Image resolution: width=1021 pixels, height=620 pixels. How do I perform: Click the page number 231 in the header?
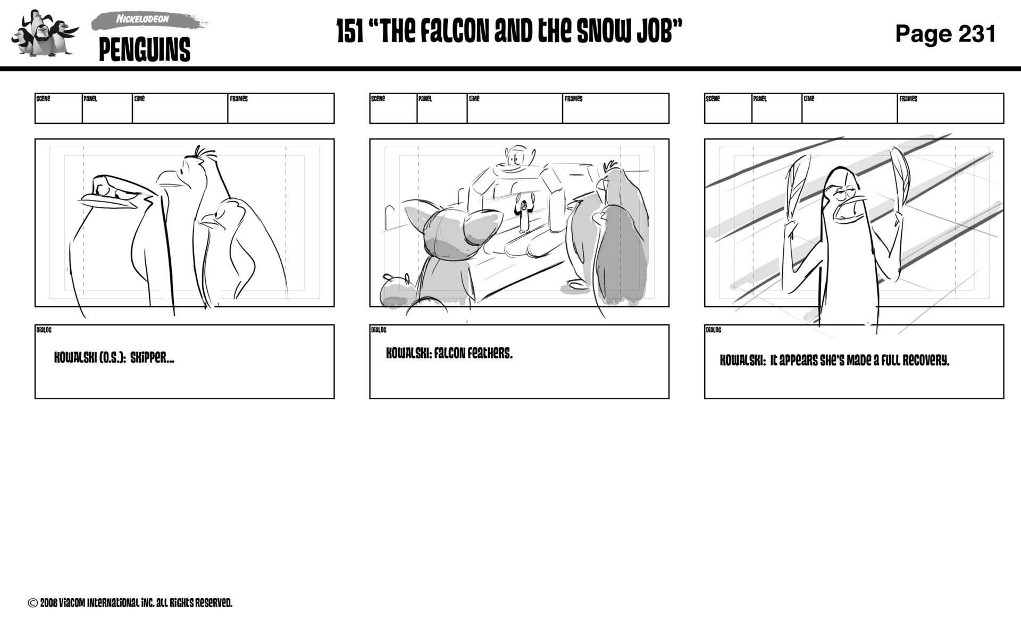[977, 33]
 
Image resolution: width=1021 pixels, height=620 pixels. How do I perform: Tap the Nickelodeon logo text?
[143, 19]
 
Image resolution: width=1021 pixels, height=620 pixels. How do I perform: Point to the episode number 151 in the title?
[350, 32]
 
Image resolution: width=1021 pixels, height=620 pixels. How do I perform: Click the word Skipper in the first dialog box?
[152, 358]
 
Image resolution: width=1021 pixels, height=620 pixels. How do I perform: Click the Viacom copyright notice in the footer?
[130, 603]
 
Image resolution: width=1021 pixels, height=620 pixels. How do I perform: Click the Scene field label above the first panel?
[43, 99]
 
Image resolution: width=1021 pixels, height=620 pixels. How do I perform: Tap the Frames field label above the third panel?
[908, 99]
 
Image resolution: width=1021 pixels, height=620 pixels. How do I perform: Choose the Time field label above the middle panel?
[474, 99]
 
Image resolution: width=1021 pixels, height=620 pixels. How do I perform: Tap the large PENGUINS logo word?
[145, 51]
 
